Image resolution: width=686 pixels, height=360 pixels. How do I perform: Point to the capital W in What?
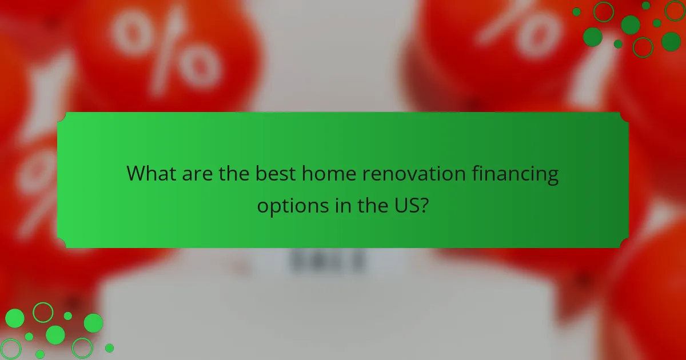[136, 174]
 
